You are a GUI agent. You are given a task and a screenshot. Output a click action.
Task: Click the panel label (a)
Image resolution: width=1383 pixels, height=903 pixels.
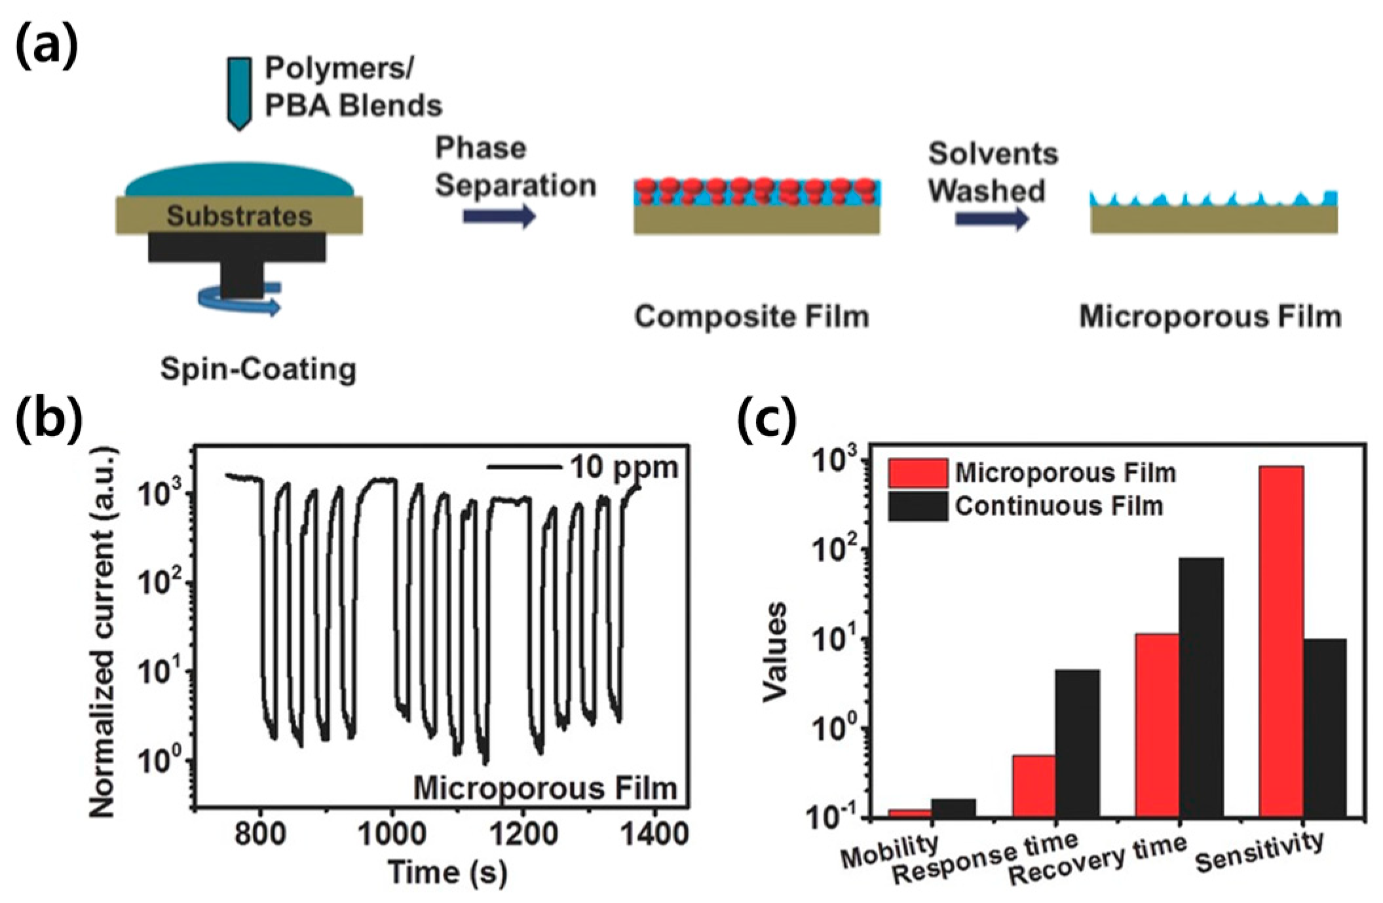pos(46,46)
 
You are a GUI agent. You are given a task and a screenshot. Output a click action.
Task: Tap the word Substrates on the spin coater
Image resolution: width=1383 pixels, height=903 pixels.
pos(239,216)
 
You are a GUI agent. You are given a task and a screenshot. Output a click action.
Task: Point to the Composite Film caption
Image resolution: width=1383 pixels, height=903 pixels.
pos(751,317)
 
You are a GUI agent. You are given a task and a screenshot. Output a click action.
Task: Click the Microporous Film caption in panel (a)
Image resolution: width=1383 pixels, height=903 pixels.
pos(1210,317)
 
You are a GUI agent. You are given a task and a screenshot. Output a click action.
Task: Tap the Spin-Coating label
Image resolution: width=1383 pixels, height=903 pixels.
pos(258,369)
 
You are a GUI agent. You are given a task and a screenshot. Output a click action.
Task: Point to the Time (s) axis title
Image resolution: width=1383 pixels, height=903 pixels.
pos(448,872)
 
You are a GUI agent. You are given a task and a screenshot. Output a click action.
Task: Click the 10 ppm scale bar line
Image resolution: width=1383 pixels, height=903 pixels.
pos(524,468)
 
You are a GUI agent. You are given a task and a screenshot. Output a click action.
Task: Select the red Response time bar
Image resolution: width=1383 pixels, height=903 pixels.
pos(1034,785)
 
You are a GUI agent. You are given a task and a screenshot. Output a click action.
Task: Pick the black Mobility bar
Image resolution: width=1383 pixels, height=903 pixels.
pos(953,807)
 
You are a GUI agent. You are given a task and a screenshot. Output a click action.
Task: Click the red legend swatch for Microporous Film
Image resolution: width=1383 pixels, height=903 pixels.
pos(917,473)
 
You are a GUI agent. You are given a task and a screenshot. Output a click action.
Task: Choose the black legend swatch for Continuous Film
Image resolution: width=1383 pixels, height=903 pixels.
pos(917,506)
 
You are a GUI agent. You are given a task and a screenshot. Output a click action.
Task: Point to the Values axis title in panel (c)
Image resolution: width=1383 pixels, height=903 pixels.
pos(775,652)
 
